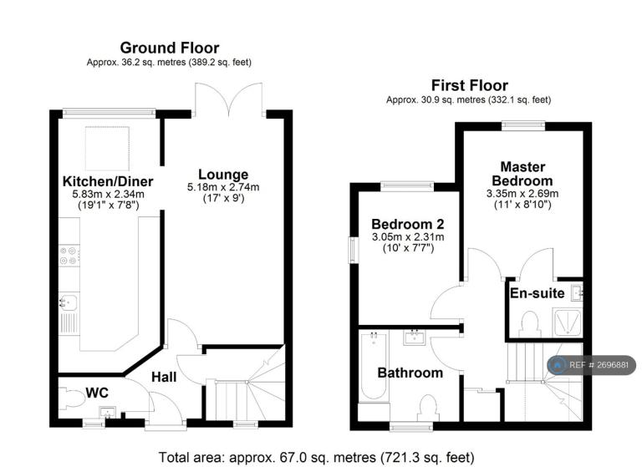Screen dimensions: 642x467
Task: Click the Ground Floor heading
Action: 170,48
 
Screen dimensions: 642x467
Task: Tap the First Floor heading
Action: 470,85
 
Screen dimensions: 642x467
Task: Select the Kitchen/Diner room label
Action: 108,181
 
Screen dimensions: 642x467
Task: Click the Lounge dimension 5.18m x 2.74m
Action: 223,187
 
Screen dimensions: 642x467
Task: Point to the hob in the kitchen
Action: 69,255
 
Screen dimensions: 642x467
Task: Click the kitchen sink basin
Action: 69,302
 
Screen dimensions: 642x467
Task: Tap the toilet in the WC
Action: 71,398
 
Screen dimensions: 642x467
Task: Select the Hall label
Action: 164,377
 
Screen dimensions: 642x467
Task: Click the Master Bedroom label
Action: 522,174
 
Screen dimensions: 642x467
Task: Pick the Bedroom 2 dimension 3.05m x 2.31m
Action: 408,237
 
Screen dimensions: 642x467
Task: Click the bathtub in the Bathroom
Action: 373,365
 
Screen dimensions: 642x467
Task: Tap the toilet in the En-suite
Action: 529,324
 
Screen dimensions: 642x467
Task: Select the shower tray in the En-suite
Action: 567,323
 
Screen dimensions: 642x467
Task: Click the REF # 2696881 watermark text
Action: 599,365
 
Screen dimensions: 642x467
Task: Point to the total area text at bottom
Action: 316,457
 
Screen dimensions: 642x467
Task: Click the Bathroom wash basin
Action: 415,338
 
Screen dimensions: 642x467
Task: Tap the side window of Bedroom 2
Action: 353,250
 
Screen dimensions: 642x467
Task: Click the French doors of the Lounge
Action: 228,99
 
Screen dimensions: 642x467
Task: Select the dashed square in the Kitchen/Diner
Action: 107,148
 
